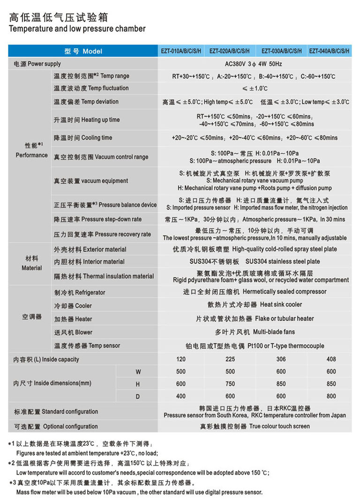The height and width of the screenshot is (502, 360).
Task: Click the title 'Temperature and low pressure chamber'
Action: click(x=77, y=29)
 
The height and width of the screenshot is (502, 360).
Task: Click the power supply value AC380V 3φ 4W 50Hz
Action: click(x=254, y=64)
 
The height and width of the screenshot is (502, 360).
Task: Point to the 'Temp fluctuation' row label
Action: click(x=91, y=88)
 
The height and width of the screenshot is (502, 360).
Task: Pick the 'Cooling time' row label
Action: click(x=83, y=138)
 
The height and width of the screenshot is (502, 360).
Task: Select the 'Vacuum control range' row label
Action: click(x=101, y=157)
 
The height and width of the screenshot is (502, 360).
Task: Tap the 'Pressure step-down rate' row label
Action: click(x=97, y=219)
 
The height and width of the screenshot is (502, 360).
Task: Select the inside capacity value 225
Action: click(x=230, y=360)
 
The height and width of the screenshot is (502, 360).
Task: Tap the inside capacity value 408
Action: click(x=331, y=360)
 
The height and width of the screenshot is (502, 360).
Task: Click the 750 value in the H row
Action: click(x=230, y=384)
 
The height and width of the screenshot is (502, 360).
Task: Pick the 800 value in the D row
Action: click(x=331, y=396)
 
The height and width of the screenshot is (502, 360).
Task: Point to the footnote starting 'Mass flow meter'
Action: click(x=139, y=492)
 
